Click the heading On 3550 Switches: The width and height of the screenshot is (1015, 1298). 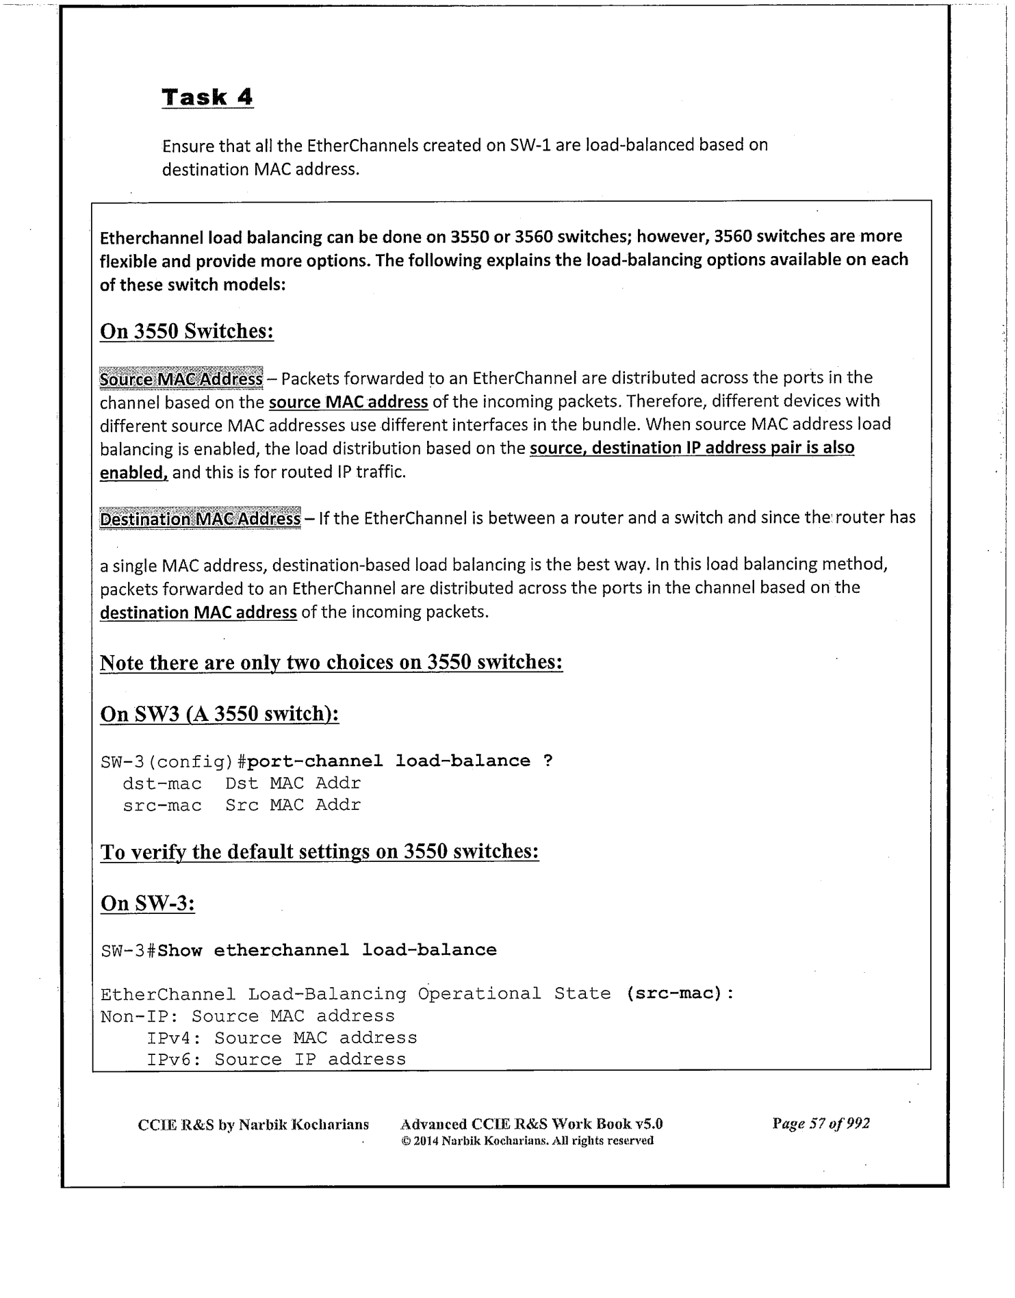click(187, 331)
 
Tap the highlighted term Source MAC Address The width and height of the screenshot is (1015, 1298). click(181, 379)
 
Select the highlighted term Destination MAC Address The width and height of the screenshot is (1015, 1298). click(200, 518)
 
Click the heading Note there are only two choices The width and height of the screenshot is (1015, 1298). click(331, 663)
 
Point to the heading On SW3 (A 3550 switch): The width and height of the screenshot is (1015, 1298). click(220, 714)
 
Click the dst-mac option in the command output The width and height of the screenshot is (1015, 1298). click(162, 783)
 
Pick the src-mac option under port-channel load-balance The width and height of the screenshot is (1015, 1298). click(162, 806)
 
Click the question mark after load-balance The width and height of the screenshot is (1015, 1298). click(548, 761)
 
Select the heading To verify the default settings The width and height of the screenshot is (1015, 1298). click(320, 852)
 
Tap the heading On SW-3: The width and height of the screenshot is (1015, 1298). click(148, 903)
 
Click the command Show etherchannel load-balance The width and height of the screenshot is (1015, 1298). click(326, 950)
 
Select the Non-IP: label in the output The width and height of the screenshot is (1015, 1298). click(140, 1016)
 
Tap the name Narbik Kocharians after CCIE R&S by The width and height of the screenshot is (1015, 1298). click(304, 1124)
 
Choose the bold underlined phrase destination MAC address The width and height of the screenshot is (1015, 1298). click(198, 612)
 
